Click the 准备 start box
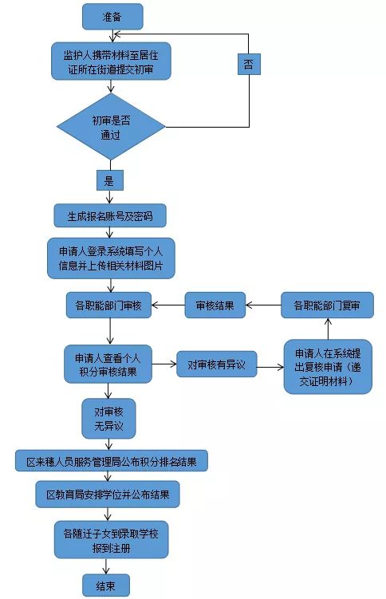tap(112, 17)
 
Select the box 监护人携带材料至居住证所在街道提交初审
tap(111, 61)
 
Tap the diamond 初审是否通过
tap(111, 127)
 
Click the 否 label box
tap(249, 64)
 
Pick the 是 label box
tap(109, 180)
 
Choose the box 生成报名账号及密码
tap(110, 216)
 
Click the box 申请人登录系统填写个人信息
tap(111, 258)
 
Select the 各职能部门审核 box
tap(108, 305)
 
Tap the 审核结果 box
tap(215, 305)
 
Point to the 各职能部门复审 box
tap(327, 305)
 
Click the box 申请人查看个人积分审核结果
tap(108, 364)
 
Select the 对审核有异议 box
tap(216, 364)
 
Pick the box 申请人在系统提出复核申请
tap(328, 367)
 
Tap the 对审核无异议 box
tap(108, 419)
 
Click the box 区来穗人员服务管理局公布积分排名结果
tap(112, 461)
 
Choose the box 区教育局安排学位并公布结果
tap(108, 495)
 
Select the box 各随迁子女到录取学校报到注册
tap(111, 540)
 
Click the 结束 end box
tap(106, 585)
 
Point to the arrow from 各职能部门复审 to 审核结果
tap(263, 305)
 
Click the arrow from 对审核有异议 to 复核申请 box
tap(270, 367)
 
